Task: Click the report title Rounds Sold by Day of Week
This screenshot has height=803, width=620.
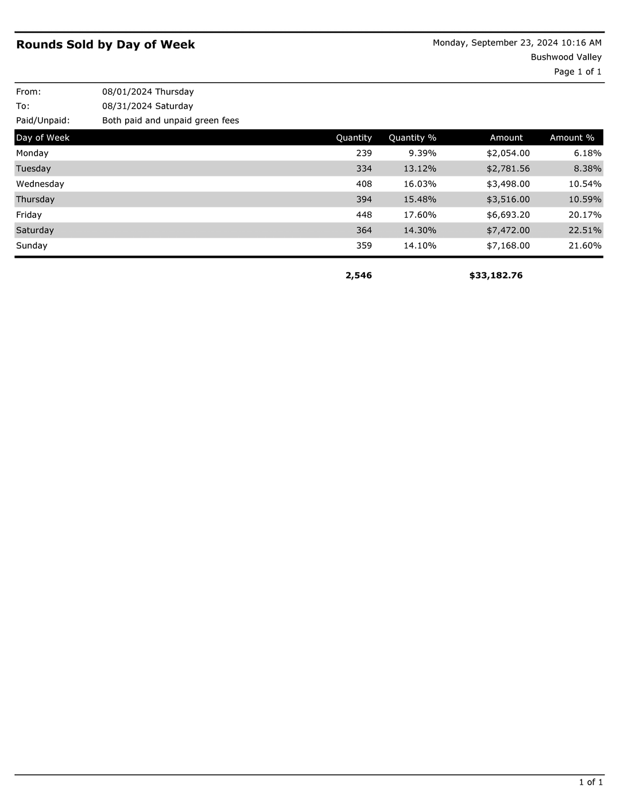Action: pyautogui.click(x=106, y=45)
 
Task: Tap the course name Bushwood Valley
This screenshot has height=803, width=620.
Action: pyautogui.click(x=566, y=57)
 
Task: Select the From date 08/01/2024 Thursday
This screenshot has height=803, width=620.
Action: pyautogui.click(x=148, y=92)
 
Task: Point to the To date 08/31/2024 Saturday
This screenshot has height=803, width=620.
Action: pyautogui.click(x=148, y=106)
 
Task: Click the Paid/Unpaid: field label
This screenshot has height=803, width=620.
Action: pyautogui.click(x=43, y=121)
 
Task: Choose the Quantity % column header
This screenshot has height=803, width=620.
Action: pyautogui.click(x=412, y=138)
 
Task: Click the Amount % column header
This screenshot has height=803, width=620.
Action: pyautogui.click(x=572, y=138)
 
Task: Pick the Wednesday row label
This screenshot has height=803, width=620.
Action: pyautogui.click(x=40, y=184)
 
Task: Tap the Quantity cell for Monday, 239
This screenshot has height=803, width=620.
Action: pyautogui.click(x=364, y=153)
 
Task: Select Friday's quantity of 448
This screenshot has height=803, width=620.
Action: pyautogui.click(x=364, y=215)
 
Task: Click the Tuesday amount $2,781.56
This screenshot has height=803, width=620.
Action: pyautogui.click(x=508, y=169)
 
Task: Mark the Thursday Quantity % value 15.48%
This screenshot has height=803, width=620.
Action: pyautogui.click(x=420, y=199)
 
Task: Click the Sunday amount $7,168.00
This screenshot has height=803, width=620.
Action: pyautogui.click(x=508, y=246)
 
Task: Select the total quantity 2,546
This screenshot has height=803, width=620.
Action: pyautogui.click(x=359, y=276)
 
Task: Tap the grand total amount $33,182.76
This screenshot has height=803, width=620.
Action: pyautogui.click(x=496, y=276)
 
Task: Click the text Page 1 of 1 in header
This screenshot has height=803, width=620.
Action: pyautogui.click(x=578, y=72)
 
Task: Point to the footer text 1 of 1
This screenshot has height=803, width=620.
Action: pyautogui.click(x=591, y=782)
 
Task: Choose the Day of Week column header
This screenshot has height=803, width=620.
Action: pyautogui.click(x=43, y=138)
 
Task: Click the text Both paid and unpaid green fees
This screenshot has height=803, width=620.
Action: pyautogui.click(x=170, y=121)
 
